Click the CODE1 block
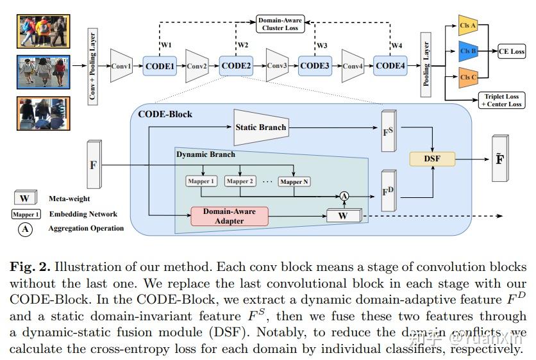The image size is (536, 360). [x=159, y=66]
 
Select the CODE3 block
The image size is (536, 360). [x=314, y=66]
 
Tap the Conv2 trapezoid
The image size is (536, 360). [x=197, y=66]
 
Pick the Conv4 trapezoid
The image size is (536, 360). [x=353, y=66]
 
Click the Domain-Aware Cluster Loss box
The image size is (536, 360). [x=280, y=24]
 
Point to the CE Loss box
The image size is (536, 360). [x=511, y=51]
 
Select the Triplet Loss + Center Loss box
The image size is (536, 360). [x=502, y=100]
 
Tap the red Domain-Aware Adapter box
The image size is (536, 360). [x=230, y=215]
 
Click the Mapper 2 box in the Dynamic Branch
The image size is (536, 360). [x=240, y=181]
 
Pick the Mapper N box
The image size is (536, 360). [x=294, y=181]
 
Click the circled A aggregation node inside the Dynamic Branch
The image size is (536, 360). [x=344, y=195]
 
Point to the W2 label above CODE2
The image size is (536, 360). [x=243, y=45]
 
